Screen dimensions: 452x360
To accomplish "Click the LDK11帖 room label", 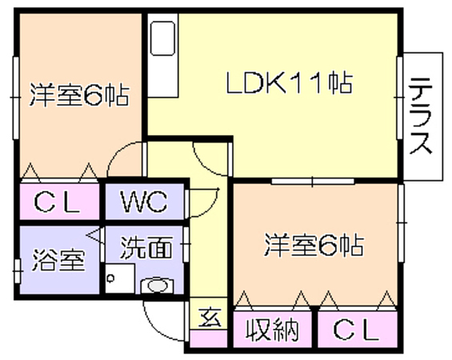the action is click(289, 82).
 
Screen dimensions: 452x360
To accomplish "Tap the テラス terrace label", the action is click(422, 116).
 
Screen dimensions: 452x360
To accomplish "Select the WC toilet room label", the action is click(144, 201).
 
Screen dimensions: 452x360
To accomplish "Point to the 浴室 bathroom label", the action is click(58, 260).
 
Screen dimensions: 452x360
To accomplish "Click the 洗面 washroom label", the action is click(146, 248).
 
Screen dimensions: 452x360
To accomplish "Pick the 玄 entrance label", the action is click(210, 317).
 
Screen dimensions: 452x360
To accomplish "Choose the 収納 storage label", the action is click(272, 329).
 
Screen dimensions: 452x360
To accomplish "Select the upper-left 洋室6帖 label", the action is click(79, 95).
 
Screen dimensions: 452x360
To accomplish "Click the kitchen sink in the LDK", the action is click(162, 38).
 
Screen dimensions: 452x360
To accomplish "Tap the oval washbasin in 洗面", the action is click(157, 286).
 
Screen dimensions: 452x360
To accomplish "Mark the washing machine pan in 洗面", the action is click(119, 278).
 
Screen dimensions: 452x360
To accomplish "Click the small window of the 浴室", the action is click(18, 271).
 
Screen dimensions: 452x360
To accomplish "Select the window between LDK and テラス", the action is click(399, 98).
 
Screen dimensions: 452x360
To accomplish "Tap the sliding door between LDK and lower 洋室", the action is click(313, 182).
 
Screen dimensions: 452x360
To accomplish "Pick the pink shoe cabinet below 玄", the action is click(209, 339).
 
